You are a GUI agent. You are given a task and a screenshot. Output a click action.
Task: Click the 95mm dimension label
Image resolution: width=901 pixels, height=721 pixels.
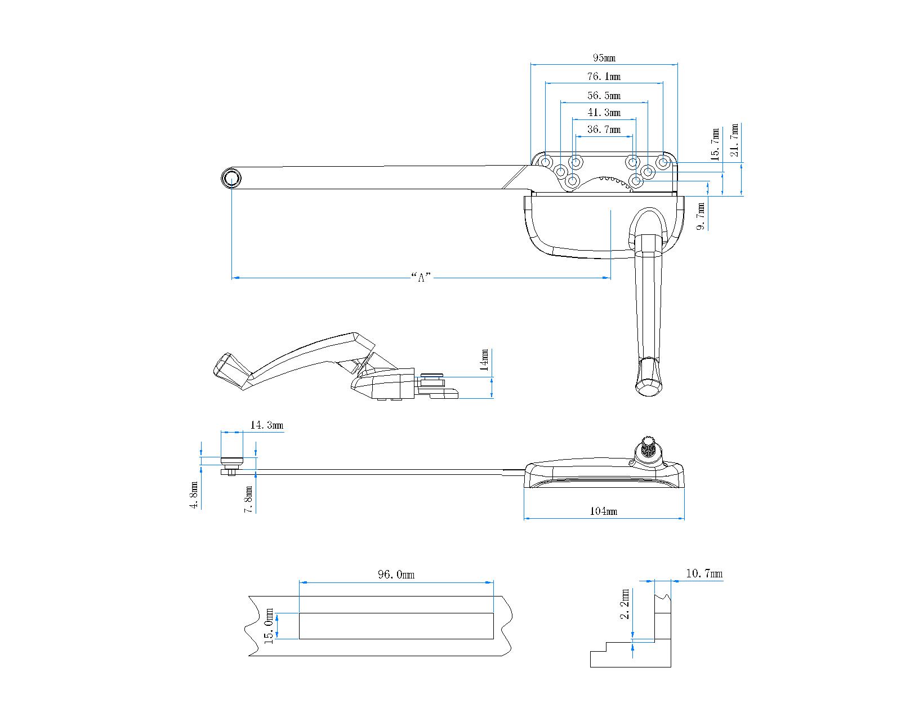(604, 58)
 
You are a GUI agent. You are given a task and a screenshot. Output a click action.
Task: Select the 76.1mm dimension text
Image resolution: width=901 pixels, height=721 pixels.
(604, 77)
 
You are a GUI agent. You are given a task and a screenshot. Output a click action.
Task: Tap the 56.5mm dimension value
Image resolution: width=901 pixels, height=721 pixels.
(604, 96)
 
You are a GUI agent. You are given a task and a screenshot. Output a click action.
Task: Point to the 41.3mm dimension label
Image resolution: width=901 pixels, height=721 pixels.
(604, 113)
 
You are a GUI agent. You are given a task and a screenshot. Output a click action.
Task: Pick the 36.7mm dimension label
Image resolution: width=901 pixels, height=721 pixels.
(604, 130)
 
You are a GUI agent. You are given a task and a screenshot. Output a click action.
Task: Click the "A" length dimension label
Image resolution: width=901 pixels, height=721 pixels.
(421, 277)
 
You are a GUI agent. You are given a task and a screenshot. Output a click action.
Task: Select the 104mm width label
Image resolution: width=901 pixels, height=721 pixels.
(604, 511)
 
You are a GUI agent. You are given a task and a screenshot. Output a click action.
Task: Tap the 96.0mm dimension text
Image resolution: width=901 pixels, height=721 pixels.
(396, 575)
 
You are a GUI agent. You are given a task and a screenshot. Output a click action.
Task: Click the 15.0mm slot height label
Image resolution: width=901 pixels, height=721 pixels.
(269, 625)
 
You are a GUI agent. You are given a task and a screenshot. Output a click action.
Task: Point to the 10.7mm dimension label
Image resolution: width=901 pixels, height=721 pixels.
(704, 574)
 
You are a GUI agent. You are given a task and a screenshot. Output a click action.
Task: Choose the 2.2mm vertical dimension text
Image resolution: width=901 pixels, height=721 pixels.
(625, 604)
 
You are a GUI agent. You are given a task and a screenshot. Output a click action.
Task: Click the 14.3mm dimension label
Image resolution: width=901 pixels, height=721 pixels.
(266, 425)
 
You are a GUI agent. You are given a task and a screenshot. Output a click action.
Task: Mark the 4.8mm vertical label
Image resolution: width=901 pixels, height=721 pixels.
(194, 496)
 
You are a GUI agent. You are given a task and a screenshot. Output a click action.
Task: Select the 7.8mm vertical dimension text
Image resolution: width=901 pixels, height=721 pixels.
(248, 499)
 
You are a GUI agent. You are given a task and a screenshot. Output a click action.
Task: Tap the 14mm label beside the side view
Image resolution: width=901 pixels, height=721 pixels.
(484, 360)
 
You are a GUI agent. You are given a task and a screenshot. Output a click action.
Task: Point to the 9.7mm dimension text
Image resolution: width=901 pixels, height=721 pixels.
(701, 216)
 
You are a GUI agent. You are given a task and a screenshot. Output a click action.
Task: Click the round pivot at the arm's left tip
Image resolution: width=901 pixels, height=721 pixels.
(231, 179)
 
